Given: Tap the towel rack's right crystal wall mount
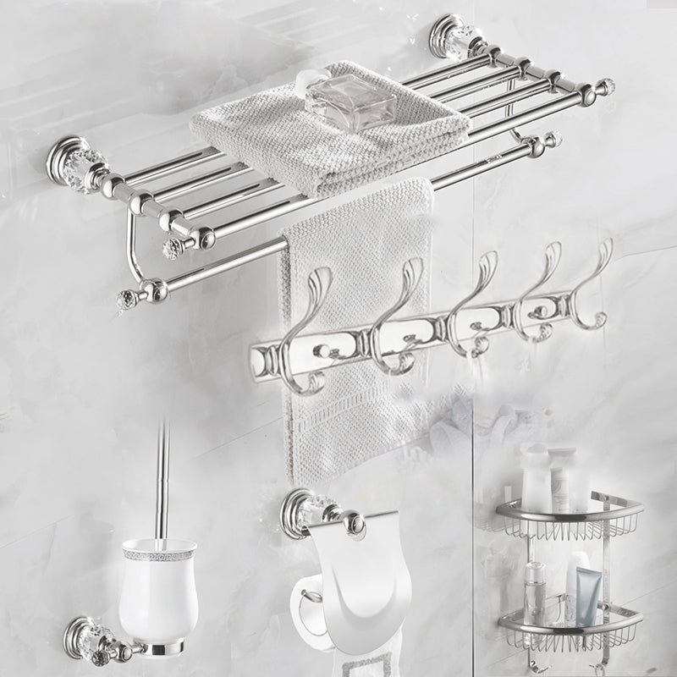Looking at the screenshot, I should click(454, 38).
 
